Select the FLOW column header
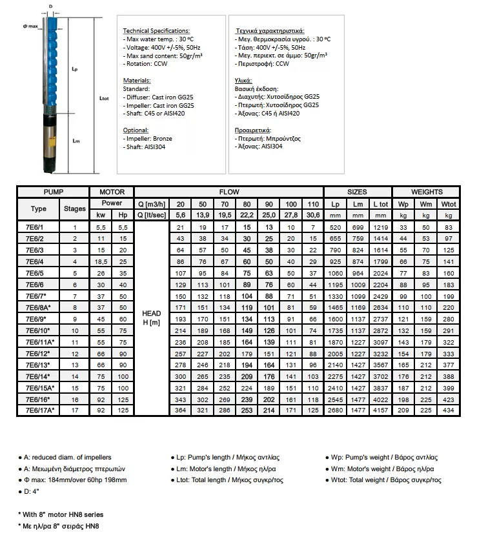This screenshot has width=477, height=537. click(x=228, y=192)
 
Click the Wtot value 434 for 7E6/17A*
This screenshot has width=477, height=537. click(x=448, y=410)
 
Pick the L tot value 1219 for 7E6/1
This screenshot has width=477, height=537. click(x=381, y=227)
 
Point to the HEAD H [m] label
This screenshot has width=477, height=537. click(x=150, y=318)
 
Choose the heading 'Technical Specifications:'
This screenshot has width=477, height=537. click(x=156, y=31)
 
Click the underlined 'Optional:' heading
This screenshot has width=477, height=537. click(x=136, y=130)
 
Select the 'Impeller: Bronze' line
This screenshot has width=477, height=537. click(x=148, y=138)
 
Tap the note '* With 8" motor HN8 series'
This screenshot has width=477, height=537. click(x=60, y=514)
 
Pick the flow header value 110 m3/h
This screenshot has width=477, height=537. click(x=313, y=204)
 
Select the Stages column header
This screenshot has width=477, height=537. click(x=75, y=208)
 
